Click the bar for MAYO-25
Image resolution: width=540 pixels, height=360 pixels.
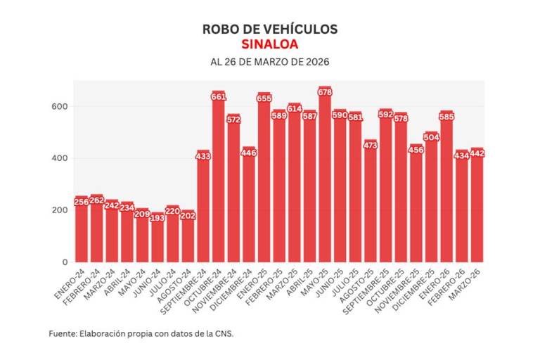point(324,179)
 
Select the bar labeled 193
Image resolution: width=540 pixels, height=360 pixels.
point(157,239)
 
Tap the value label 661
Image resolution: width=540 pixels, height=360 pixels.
point(218,96)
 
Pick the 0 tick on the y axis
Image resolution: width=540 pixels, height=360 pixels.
point(64,262)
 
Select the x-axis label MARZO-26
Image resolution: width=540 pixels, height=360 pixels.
point(468,278)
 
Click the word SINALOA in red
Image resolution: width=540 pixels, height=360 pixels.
point(270,44)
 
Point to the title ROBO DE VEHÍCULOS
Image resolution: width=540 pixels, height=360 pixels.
point(270,29)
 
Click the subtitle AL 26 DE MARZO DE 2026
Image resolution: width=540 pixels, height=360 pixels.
point(270,62)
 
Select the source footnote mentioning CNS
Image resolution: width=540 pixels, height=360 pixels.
point(141,333)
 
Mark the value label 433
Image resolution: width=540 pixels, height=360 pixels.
point(203,156)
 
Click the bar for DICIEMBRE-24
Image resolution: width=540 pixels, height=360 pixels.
point(248,207)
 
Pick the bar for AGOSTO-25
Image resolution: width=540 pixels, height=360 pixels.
point(370,204)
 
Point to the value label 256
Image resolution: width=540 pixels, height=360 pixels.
point(82,202)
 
